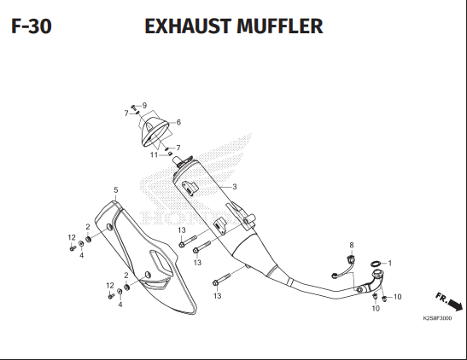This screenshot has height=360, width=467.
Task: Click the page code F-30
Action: [32, 26]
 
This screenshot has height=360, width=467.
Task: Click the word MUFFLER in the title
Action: [280, 26]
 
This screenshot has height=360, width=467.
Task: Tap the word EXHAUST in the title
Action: [188, 26]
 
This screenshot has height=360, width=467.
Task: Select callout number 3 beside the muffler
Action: [235, 187]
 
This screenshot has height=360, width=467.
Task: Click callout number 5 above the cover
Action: [116, 190]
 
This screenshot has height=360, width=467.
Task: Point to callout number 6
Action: [178, 122]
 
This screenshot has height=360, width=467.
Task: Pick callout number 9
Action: [144, 105]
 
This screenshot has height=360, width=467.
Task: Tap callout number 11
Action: [154, 155]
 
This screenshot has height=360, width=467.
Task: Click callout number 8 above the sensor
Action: [352, 245]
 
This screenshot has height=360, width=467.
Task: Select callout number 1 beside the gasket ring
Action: [390, 264]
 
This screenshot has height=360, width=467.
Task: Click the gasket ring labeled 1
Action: [376, 264]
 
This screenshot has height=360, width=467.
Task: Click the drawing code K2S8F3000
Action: [437, 318]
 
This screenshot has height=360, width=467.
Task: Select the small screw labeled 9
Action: [133, 107]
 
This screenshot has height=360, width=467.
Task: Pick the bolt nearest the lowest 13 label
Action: [222, 279]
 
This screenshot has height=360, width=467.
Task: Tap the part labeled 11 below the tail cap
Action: [170, 154]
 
